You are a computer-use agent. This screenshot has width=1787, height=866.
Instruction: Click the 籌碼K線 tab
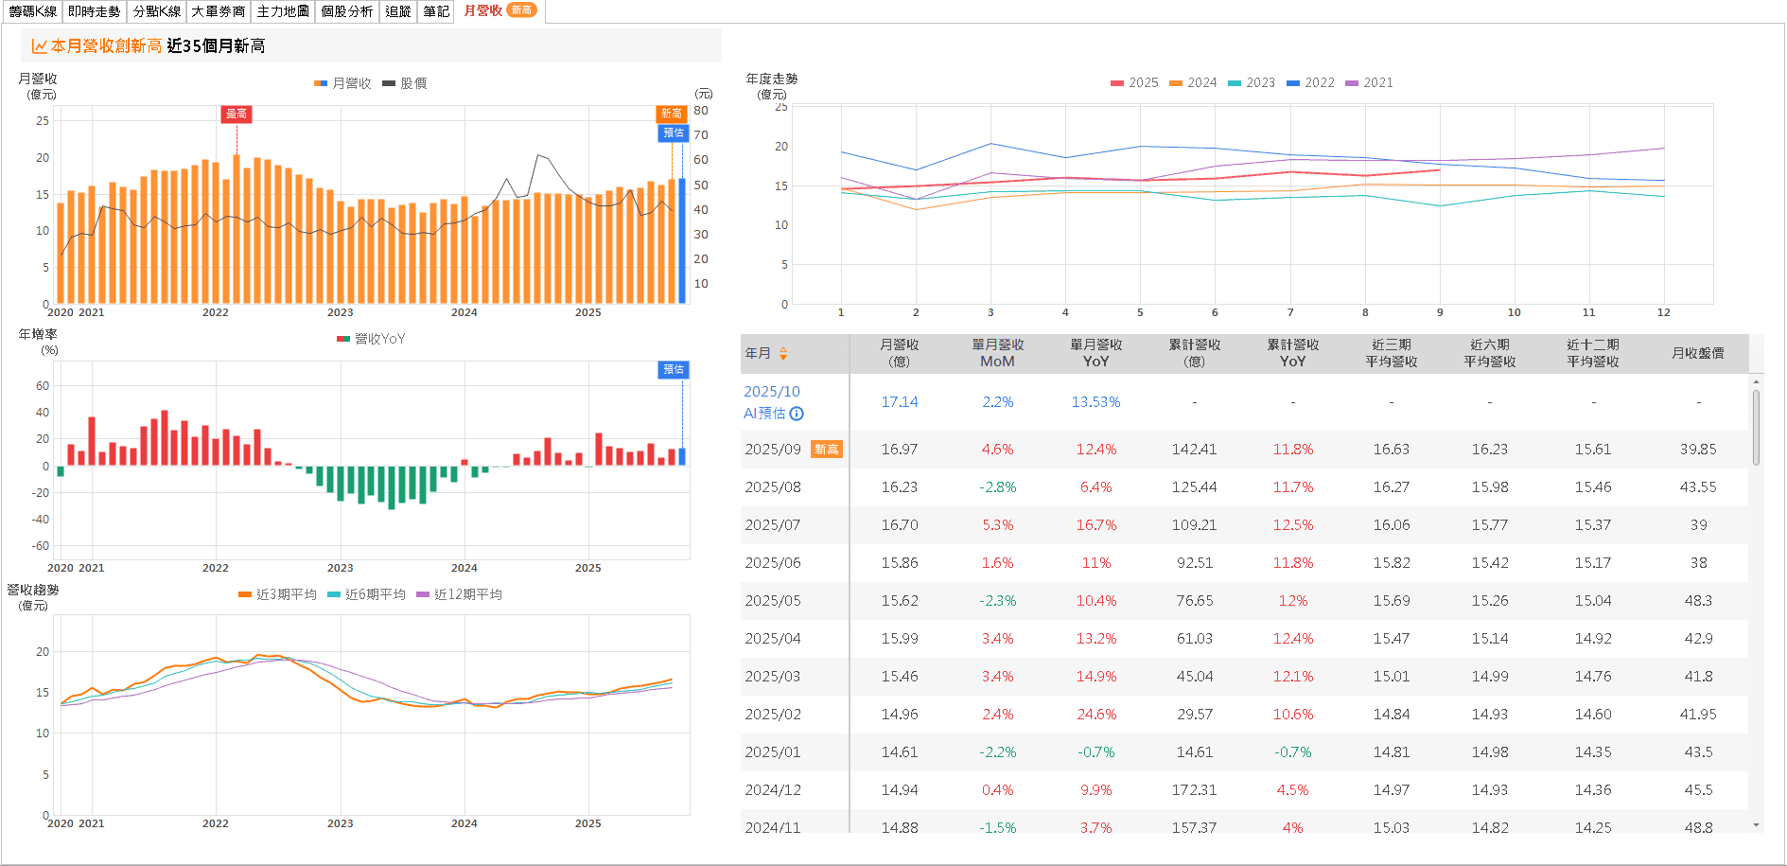(x=33, y=11)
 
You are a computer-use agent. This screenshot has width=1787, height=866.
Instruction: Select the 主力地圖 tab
(x=283, y=11)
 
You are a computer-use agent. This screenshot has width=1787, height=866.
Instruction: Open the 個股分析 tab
(x=347, y=11)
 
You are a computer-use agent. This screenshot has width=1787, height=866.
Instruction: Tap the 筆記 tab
(x=436, y=11)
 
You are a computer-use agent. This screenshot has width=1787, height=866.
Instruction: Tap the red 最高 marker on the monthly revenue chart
(x=237, y=114)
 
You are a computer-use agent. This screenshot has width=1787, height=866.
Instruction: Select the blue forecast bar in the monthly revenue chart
(x=682, y=240)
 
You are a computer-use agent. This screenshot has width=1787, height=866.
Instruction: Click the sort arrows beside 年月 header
(x=783, y=354)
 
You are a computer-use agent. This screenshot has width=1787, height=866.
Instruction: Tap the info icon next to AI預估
(x=797, y=414)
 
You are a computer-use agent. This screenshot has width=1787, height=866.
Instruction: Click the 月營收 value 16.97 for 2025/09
(x=899, y=450)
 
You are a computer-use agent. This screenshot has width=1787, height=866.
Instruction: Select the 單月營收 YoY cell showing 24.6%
(x=1095, y=715)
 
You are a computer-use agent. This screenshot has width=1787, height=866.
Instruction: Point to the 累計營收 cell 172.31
(x=1194, y=790)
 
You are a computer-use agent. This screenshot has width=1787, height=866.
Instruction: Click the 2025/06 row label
(x=772, y=563)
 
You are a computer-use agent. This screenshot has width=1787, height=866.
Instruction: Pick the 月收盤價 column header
(x=1697, y=353)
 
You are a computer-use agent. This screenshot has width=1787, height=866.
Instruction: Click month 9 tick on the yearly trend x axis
(x=1440, y=312)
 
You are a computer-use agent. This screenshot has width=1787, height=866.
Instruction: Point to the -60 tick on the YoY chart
(x=41, y=546)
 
